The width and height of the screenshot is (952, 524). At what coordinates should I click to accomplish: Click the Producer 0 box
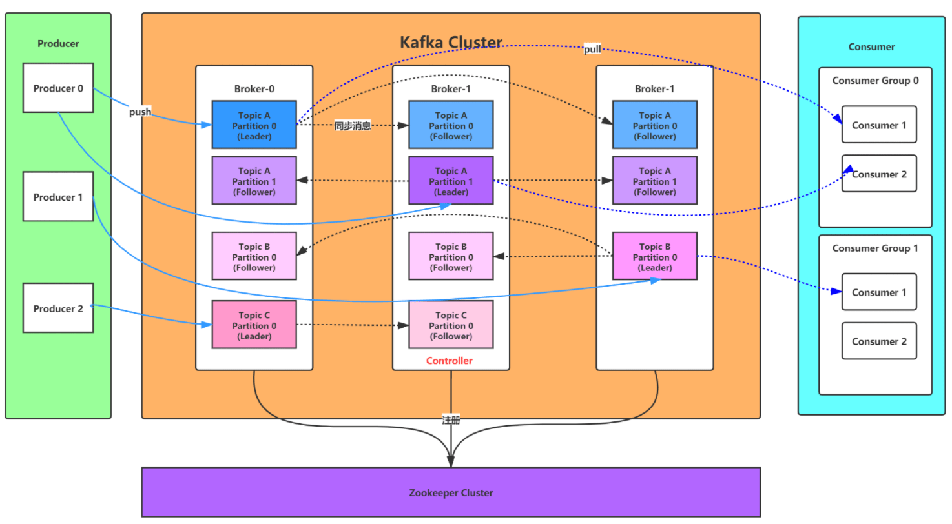pyautogui.click(x=58, y=88)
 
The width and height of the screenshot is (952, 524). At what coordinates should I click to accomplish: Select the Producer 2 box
pyautogui.click(x=58, y=308)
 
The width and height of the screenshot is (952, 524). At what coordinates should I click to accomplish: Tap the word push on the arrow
pyautogui.click(x=140, y=112)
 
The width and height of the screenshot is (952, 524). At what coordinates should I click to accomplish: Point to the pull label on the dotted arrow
pyautogui.click(x=592, y=50)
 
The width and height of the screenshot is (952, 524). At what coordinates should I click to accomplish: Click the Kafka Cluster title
pyautogui.click(x=451, y=43)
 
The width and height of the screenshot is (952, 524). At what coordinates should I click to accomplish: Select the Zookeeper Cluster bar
pyautogui.click(x=451, y=492)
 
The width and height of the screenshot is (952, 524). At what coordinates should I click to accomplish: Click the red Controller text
pyautogui.click(x=450, y=361)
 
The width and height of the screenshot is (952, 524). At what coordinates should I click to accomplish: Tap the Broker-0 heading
pyautogui.click(x=254, y=89)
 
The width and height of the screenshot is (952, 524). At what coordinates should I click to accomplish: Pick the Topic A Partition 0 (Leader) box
pyautogui.click(x=254, y=126)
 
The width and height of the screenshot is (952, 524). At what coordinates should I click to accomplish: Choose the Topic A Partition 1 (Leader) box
pyautogui.click(x=451, y=181)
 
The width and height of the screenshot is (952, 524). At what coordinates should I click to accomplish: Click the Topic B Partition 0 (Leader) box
pyautogui.click(x=655, y=256)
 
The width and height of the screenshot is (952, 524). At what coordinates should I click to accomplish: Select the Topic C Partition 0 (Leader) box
pyautogui.click(x=254, y=325)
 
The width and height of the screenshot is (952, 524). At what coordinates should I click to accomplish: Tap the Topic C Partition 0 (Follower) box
pyautogui.click(x=451, y=325)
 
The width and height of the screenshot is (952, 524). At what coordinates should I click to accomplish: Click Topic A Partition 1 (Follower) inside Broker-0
pyautogui.click(x=254, y=181)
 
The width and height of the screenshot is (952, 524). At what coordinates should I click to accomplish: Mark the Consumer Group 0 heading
pyautogui.click(x=875, y=81)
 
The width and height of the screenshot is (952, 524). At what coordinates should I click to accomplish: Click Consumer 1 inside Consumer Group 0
pyautogui.click(x=879, y=125)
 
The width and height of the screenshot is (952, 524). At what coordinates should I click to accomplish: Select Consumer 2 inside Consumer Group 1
pyautogui.click(x=879, y=341)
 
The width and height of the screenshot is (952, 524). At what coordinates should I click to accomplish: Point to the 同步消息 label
pyautogui.click(x=353, y=126)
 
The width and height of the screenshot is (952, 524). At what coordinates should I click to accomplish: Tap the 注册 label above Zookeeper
pyautogui.click(x=450, y=419)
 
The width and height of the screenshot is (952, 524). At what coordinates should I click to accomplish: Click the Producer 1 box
pyautogui.click(x=58, y=197)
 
